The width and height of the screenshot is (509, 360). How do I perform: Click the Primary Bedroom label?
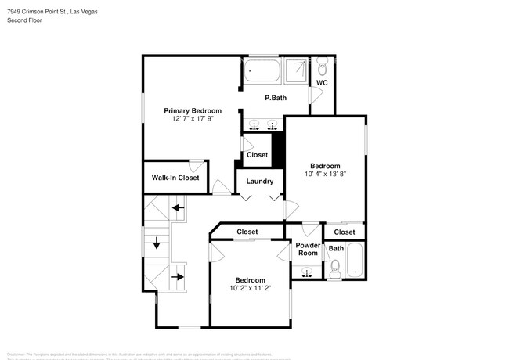pyautogui.click(x=192, y=110)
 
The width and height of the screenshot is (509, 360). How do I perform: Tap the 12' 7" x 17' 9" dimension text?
pyautogui.click(x=192, y=119)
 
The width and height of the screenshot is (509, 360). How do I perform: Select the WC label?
pyautogui.click(x=321, y=82)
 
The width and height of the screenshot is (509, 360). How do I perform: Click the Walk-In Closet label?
pyautogui.click(x=175, y=178)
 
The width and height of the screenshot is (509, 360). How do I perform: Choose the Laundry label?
pyautogui.click(x=260, y=182)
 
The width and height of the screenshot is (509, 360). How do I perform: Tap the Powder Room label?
pyautogui.click(x=307, y=249)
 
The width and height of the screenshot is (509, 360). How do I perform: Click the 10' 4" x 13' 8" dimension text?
pyautogui.click(x=324, y=174)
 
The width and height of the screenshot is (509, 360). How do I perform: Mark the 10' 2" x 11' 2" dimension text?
pyautogui.click(x=251, y=287)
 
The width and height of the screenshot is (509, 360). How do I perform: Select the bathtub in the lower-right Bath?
pyautogui.click(x=356, y=261)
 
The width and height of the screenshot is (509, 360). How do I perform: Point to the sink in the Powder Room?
pyautogui.click(x=306, y=272)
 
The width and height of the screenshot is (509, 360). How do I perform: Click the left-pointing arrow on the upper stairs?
pyautogui.click(x=179, y=207)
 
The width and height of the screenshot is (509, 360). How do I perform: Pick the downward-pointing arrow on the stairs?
pyautogui.click(x=157, y=243)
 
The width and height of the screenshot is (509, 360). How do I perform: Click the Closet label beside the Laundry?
pyautogui.click(x=258, y=155)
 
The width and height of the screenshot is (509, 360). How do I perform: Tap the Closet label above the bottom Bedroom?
pyautogui.click(x=247, y=232)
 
